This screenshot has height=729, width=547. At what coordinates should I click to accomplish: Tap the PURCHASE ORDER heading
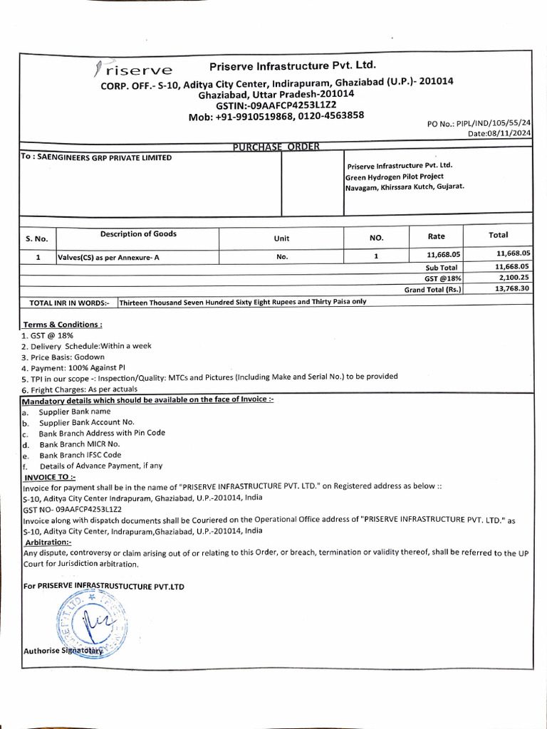(x=276, y=147)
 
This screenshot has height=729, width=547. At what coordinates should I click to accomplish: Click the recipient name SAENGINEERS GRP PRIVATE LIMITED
(x=96, y=157)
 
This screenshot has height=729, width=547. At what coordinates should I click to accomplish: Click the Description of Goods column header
(x=138, y=234)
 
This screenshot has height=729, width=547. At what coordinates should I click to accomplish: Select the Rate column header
(x=436, y=236)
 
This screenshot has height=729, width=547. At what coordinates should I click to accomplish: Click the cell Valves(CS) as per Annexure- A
(x=109, y=257)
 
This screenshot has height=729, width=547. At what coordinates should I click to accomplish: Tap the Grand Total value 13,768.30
(x=512, y=288)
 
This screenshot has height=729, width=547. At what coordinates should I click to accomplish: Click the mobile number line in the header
(x=276, y=116)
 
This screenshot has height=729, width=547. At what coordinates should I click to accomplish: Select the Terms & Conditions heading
(x=63, y=324)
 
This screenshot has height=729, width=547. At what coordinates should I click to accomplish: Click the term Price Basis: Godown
(x=63, y=357)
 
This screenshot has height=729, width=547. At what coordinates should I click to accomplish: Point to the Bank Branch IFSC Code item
(x=80, y=455)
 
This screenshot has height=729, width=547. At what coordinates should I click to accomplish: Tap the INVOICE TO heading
(x=50, y=476)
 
